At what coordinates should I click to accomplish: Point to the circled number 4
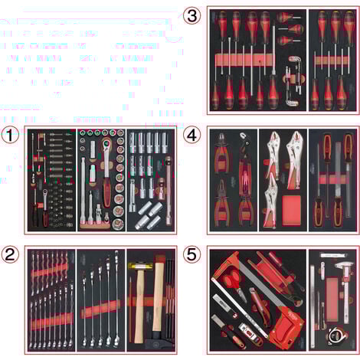tap(193, 135)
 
